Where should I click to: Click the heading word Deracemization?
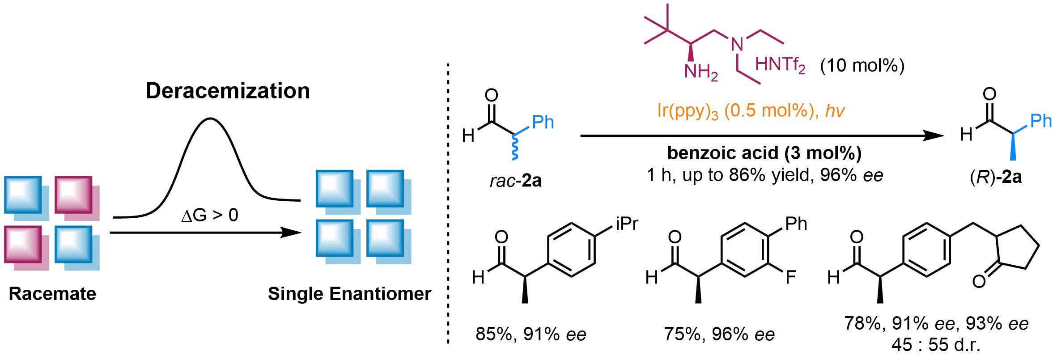coord(227,91)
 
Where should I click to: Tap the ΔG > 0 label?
coord(210,216)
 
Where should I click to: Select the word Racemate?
coord(52,294)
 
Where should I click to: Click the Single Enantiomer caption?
coord(349,294)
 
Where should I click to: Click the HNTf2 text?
coord(780,66)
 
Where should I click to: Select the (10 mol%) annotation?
coord(862,66)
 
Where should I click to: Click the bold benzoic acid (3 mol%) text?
coord(764,153)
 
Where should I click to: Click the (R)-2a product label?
coord(995,178)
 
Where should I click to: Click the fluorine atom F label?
coord(791,277)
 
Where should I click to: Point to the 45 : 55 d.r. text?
coord(935,345)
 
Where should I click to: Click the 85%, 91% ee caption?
coord(531,334)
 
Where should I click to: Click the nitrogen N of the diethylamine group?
coord(737,44)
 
